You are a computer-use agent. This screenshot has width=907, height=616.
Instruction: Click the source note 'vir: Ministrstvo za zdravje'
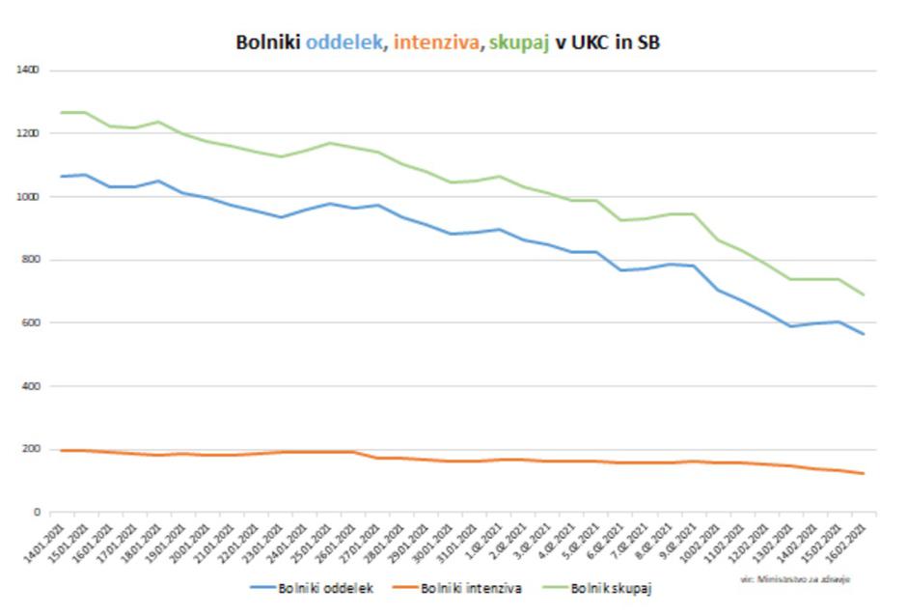[796, 578]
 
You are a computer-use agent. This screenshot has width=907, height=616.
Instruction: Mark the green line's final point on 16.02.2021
[864, 294]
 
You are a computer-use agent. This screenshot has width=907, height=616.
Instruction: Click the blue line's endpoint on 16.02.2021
[864, 335]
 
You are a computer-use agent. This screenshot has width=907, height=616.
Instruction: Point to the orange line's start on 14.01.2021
[62, 451]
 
